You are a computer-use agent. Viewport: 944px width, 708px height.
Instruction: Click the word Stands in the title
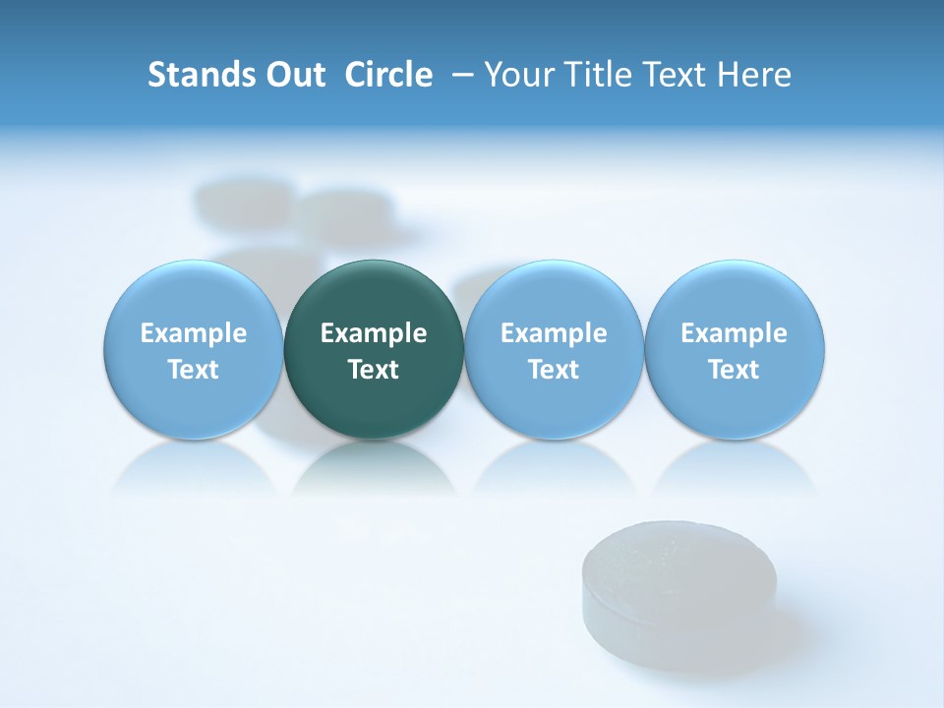point(199,75)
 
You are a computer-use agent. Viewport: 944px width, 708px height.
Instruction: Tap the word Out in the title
point(292,75)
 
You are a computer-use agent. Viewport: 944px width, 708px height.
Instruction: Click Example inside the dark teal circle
point(374,333)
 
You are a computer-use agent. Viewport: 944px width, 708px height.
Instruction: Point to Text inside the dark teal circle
point(374,370)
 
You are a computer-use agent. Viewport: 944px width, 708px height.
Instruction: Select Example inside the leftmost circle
point(194,333)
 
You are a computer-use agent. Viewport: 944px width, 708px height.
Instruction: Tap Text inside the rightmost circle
point(735,370)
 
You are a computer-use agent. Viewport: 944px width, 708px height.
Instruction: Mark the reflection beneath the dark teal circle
point(374,469)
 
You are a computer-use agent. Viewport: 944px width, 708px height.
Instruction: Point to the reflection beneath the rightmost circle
point(735,469)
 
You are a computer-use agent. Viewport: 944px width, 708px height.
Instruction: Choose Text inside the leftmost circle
point(194,370)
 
